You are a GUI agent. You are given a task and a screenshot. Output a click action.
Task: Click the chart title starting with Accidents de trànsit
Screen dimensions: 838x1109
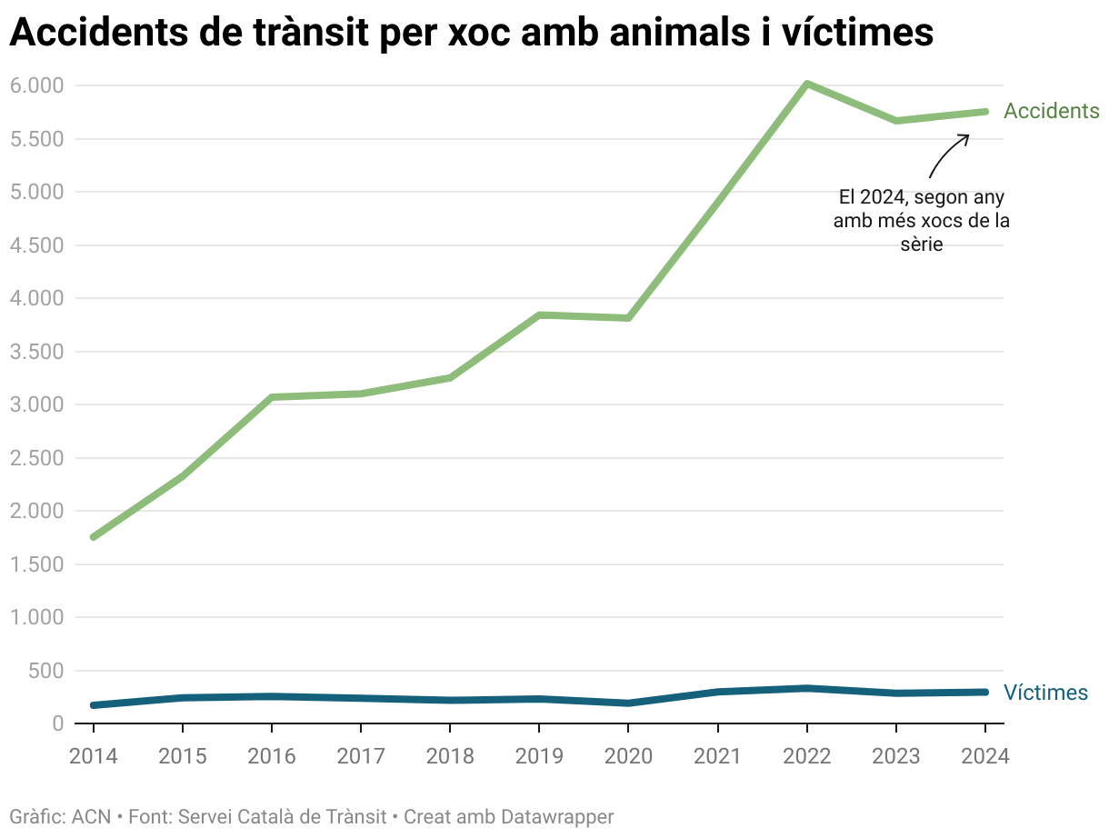pyautogui.click(x=471, y=34)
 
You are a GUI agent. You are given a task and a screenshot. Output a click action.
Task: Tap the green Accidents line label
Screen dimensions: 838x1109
pyautogui.click(x=1051, y=111)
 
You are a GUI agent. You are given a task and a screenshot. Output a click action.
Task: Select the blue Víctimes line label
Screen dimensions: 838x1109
pyautogui.click(x=1045, y=693)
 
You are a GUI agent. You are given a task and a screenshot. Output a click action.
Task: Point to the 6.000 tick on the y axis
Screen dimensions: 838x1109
pyautogui.click(x=36, y=85)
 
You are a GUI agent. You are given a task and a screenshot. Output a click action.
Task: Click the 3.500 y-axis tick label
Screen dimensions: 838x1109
pyautogui.click(x=36, y=352)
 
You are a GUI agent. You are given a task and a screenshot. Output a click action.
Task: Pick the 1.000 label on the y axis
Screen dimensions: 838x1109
pyautogui.click(x=36, y=617)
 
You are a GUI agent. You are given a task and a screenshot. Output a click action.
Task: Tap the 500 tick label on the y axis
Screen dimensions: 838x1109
pyautogui.click(x=45, y=671)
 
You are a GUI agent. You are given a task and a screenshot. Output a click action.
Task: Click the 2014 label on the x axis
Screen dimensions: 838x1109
pyautogui.click(x=94, y=756)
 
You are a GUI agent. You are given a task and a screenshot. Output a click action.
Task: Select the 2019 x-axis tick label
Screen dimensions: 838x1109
pyautogui.click(x=539, y=756)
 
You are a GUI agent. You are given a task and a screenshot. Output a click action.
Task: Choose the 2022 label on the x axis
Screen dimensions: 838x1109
pyautogui.click(x=806, y=756)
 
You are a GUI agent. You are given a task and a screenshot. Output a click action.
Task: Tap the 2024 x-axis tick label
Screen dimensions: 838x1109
pyautogui.click(x=985, y=756)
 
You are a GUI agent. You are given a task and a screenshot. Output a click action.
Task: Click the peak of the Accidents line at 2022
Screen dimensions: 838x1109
pyautogui.click(x=806, y=85)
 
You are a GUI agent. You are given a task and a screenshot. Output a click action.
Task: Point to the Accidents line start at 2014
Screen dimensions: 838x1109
pyautogui.click(x=94, y=537)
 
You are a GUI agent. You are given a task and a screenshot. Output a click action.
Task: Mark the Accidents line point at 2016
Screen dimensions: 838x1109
pyautogui.click(x=272, y=397)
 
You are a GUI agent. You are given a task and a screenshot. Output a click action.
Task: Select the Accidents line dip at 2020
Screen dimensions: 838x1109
pyautogui.click(x=628, y=318)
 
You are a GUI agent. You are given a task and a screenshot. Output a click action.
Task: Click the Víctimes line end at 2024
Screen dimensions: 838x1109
pyautogui.click(x=985, y=692)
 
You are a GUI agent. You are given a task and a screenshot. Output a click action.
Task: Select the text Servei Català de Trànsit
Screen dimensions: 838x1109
pyautogui.click(x=283, y=817)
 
